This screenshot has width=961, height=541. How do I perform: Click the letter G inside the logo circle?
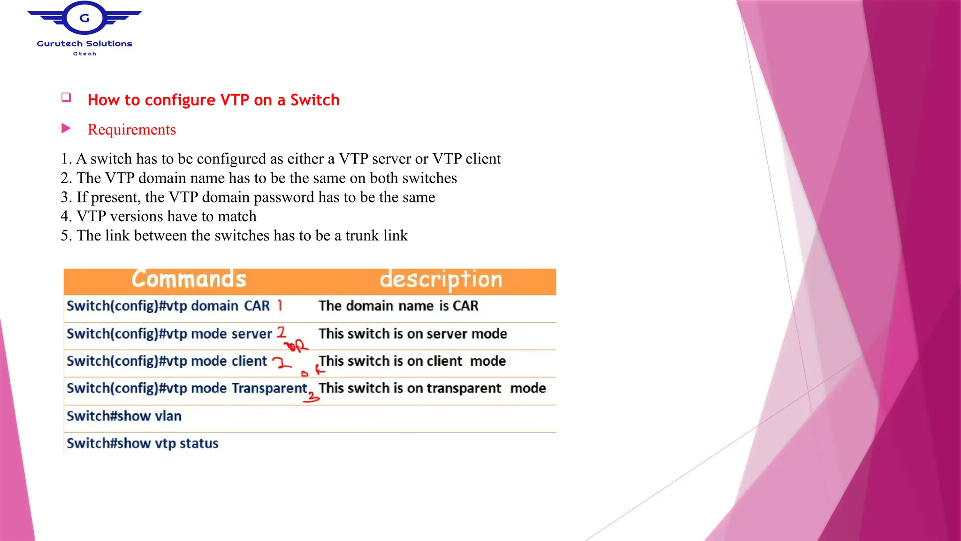pos(84,18)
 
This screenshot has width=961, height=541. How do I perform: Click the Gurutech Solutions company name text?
pos(84,44)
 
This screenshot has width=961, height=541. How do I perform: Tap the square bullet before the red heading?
pos(66,97)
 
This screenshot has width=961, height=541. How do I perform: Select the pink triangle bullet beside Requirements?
pos(66,128)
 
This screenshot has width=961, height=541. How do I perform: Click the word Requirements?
pos(132,130)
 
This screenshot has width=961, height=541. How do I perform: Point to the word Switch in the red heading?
pos(315,100)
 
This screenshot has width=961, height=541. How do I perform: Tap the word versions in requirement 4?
pos(137,216)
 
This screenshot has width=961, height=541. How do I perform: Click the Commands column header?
pos(189,279)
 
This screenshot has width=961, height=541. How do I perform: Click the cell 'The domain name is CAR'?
pos(398,306)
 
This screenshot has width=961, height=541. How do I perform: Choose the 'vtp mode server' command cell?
pos(169,334)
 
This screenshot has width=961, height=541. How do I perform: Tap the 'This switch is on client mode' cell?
pos(412,361)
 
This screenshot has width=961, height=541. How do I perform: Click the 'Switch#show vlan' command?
pos(124,416)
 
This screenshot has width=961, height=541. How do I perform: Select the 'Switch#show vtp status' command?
pos(143,443)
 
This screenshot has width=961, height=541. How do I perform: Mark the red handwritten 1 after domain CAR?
pos(280,305)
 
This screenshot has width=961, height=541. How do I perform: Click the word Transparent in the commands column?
pos(270,388)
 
